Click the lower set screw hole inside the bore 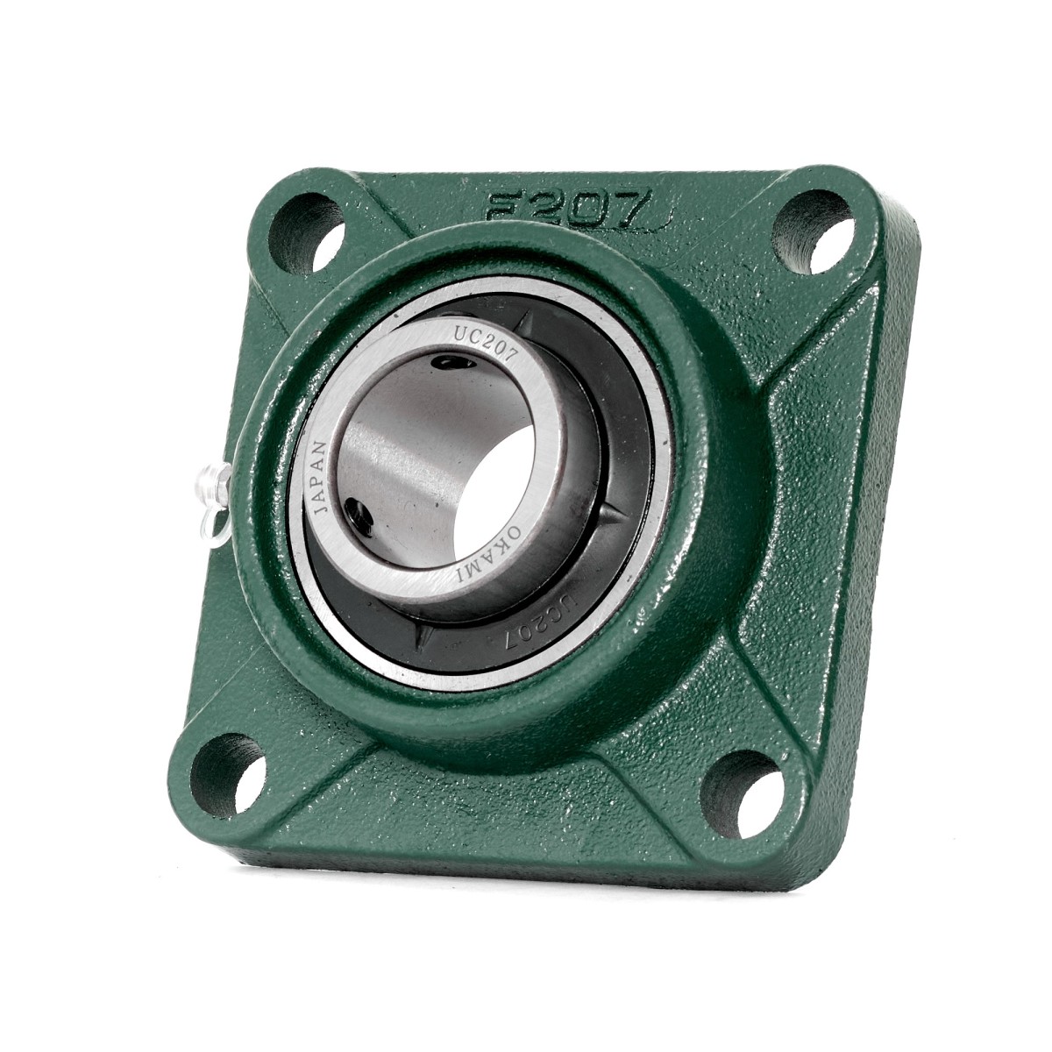[357, 511]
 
